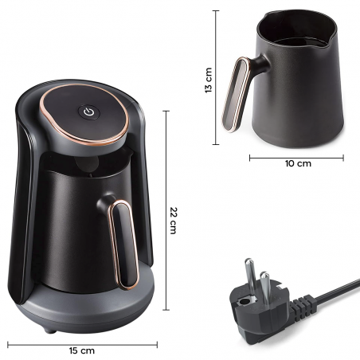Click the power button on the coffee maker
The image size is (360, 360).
(87, 112)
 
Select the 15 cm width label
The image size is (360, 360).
(83, 350)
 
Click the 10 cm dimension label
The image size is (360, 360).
(298, 162)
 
